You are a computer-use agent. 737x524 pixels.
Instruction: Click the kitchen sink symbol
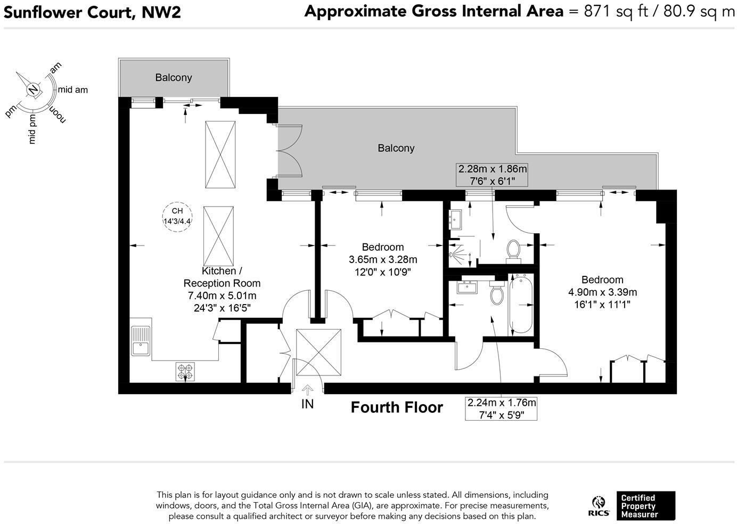pos(141,341)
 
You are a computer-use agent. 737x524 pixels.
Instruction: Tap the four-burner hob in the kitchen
pos(185,371)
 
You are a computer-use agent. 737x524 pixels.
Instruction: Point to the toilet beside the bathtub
pos(496,293)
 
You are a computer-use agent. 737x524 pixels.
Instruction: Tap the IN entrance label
pos(307,404)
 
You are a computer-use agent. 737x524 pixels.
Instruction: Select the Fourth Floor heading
pos(397,407)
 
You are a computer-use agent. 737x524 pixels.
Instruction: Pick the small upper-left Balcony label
pos(174,78)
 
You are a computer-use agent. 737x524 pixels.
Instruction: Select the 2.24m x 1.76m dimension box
pos(501,409)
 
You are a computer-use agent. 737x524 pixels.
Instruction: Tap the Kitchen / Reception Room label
pos(222,277)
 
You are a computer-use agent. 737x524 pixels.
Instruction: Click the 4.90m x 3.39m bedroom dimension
pos(602,292)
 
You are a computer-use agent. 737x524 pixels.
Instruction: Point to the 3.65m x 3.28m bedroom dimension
pos(383,260)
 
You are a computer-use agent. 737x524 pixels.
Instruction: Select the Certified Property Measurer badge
pos(645,506)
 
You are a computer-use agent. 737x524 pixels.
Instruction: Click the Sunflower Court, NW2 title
pos(92,12)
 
